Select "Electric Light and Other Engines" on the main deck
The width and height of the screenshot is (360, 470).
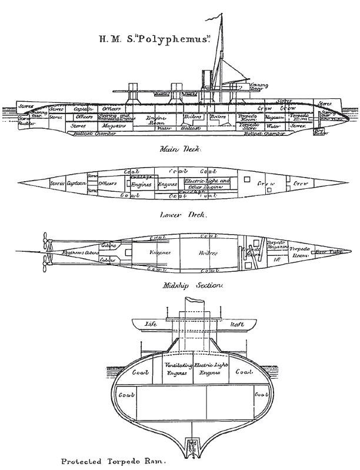click(208, 184)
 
